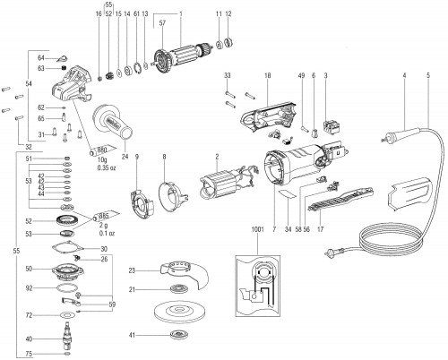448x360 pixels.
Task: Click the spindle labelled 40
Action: click(67, 341)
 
